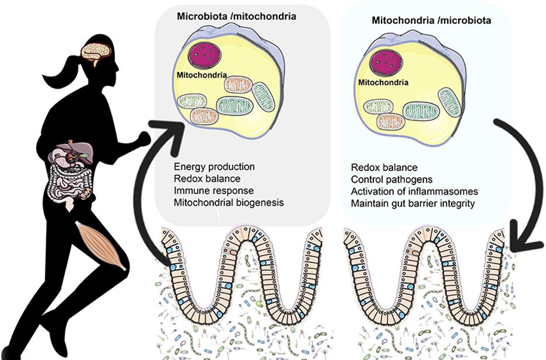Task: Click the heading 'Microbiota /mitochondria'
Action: click(x=236, y=16)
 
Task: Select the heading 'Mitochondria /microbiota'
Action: click(x=431, y=20)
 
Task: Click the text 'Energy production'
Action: click(x=214, y=167)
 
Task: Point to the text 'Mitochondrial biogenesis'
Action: click(x=229, y=202)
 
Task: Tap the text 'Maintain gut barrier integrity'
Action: click(x=413, y=203)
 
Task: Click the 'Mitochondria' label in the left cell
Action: click(x=201, y=75)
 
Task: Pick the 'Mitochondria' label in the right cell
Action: click(x=383, y=83)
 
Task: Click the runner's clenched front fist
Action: click(x=142, y=138)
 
